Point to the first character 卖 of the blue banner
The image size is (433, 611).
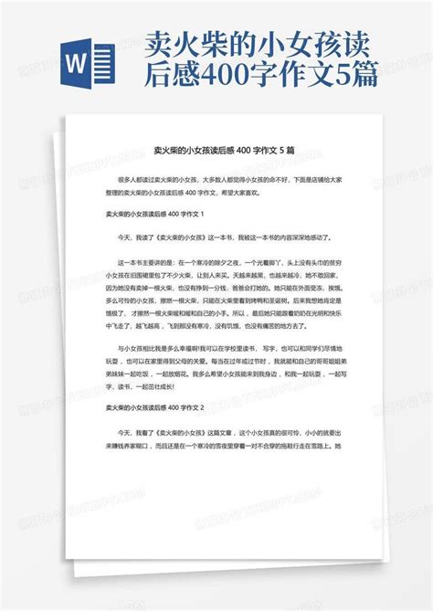click(161, 42)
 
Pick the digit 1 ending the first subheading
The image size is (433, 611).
click(201, 215)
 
